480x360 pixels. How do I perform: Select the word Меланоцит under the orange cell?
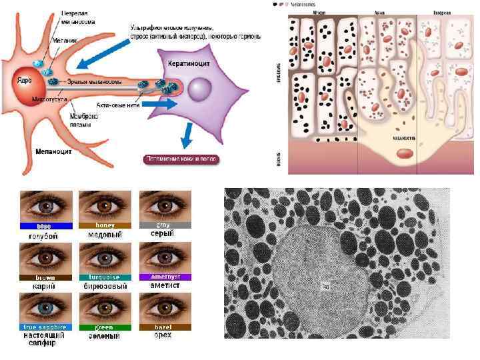point(54,151)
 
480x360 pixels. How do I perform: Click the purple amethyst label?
point(165,276)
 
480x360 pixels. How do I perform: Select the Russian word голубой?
point(44,236)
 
